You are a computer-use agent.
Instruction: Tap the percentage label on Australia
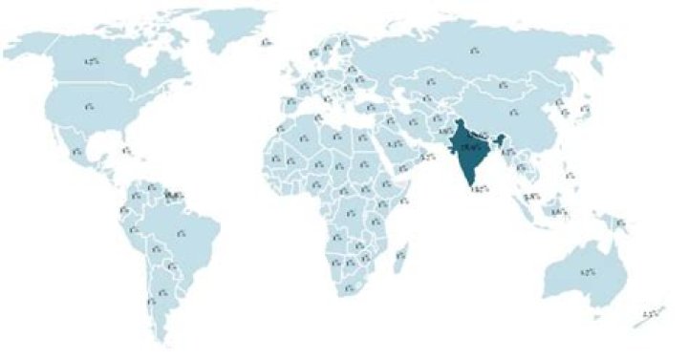pos(588,272)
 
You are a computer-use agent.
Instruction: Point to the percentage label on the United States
pos(89,106)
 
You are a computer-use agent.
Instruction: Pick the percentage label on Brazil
pos(182,230)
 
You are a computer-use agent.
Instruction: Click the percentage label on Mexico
pos(76,151)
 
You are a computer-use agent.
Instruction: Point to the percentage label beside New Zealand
pos(653,313)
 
